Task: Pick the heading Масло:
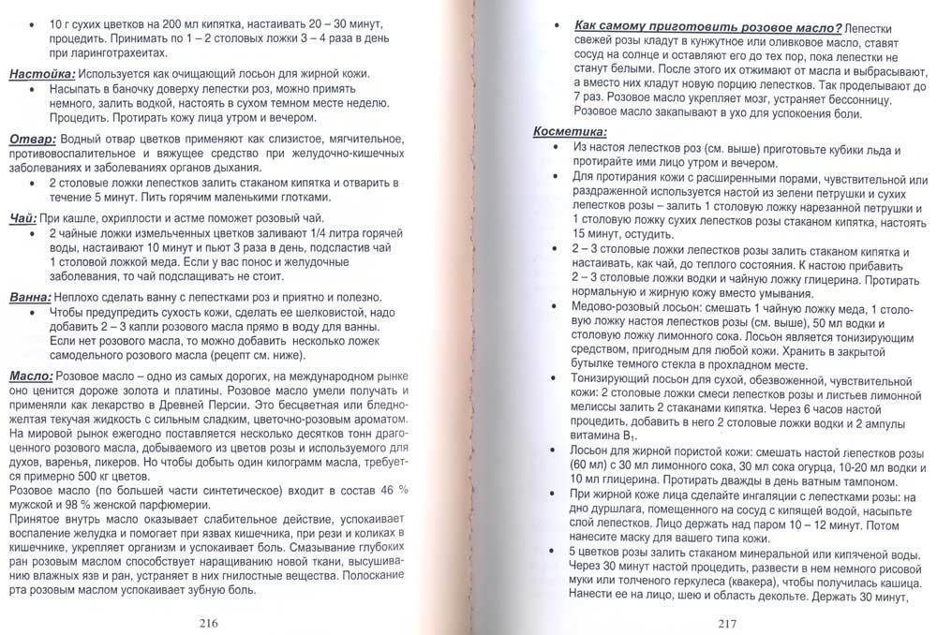(x=30, y=376)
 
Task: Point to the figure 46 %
(x=386, y=492)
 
